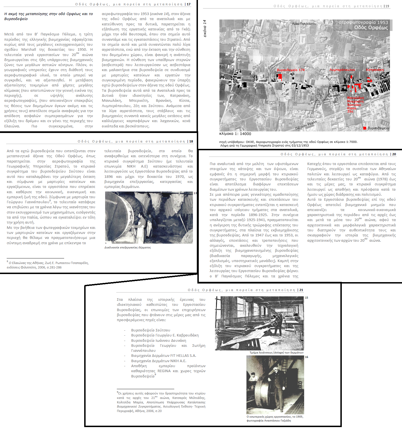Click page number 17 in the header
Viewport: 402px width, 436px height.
189,4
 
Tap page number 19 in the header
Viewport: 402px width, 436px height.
387,6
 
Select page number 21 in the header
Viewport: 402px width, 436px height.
301,290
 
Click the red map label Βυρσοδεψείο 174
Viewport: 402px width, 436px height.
290,70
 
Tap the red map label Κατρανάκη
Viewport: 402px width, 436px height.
375,70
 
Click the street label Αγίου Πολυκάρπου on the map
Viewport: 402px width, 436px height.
304,24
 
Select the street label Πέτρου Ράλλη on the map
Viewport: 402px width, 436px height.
306,125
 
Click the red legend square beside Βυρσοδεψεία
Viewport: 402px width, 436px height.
365,128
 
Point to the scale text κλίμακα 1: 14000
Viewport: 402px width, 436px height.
235,134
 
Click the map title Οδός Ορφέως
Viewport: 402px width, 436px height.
371,28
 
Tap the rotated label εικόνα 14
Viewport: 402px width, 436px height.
205,28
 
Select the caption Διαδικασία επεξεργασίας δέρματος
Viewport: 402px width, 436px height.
127,248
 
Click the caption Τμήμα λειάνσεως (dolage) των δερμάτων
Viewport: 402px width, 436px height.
276,353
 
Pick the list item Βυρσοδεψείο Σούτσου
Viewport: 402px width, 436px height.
151,330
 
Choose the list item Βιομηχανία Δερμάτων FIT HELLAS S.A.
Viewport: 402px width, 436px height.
163,356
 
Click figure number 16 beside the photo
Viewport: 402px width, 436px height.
306,357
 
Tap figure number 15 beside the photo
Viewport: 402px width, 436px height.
306,298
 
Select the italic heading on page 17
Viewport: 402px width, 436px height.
49,16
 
